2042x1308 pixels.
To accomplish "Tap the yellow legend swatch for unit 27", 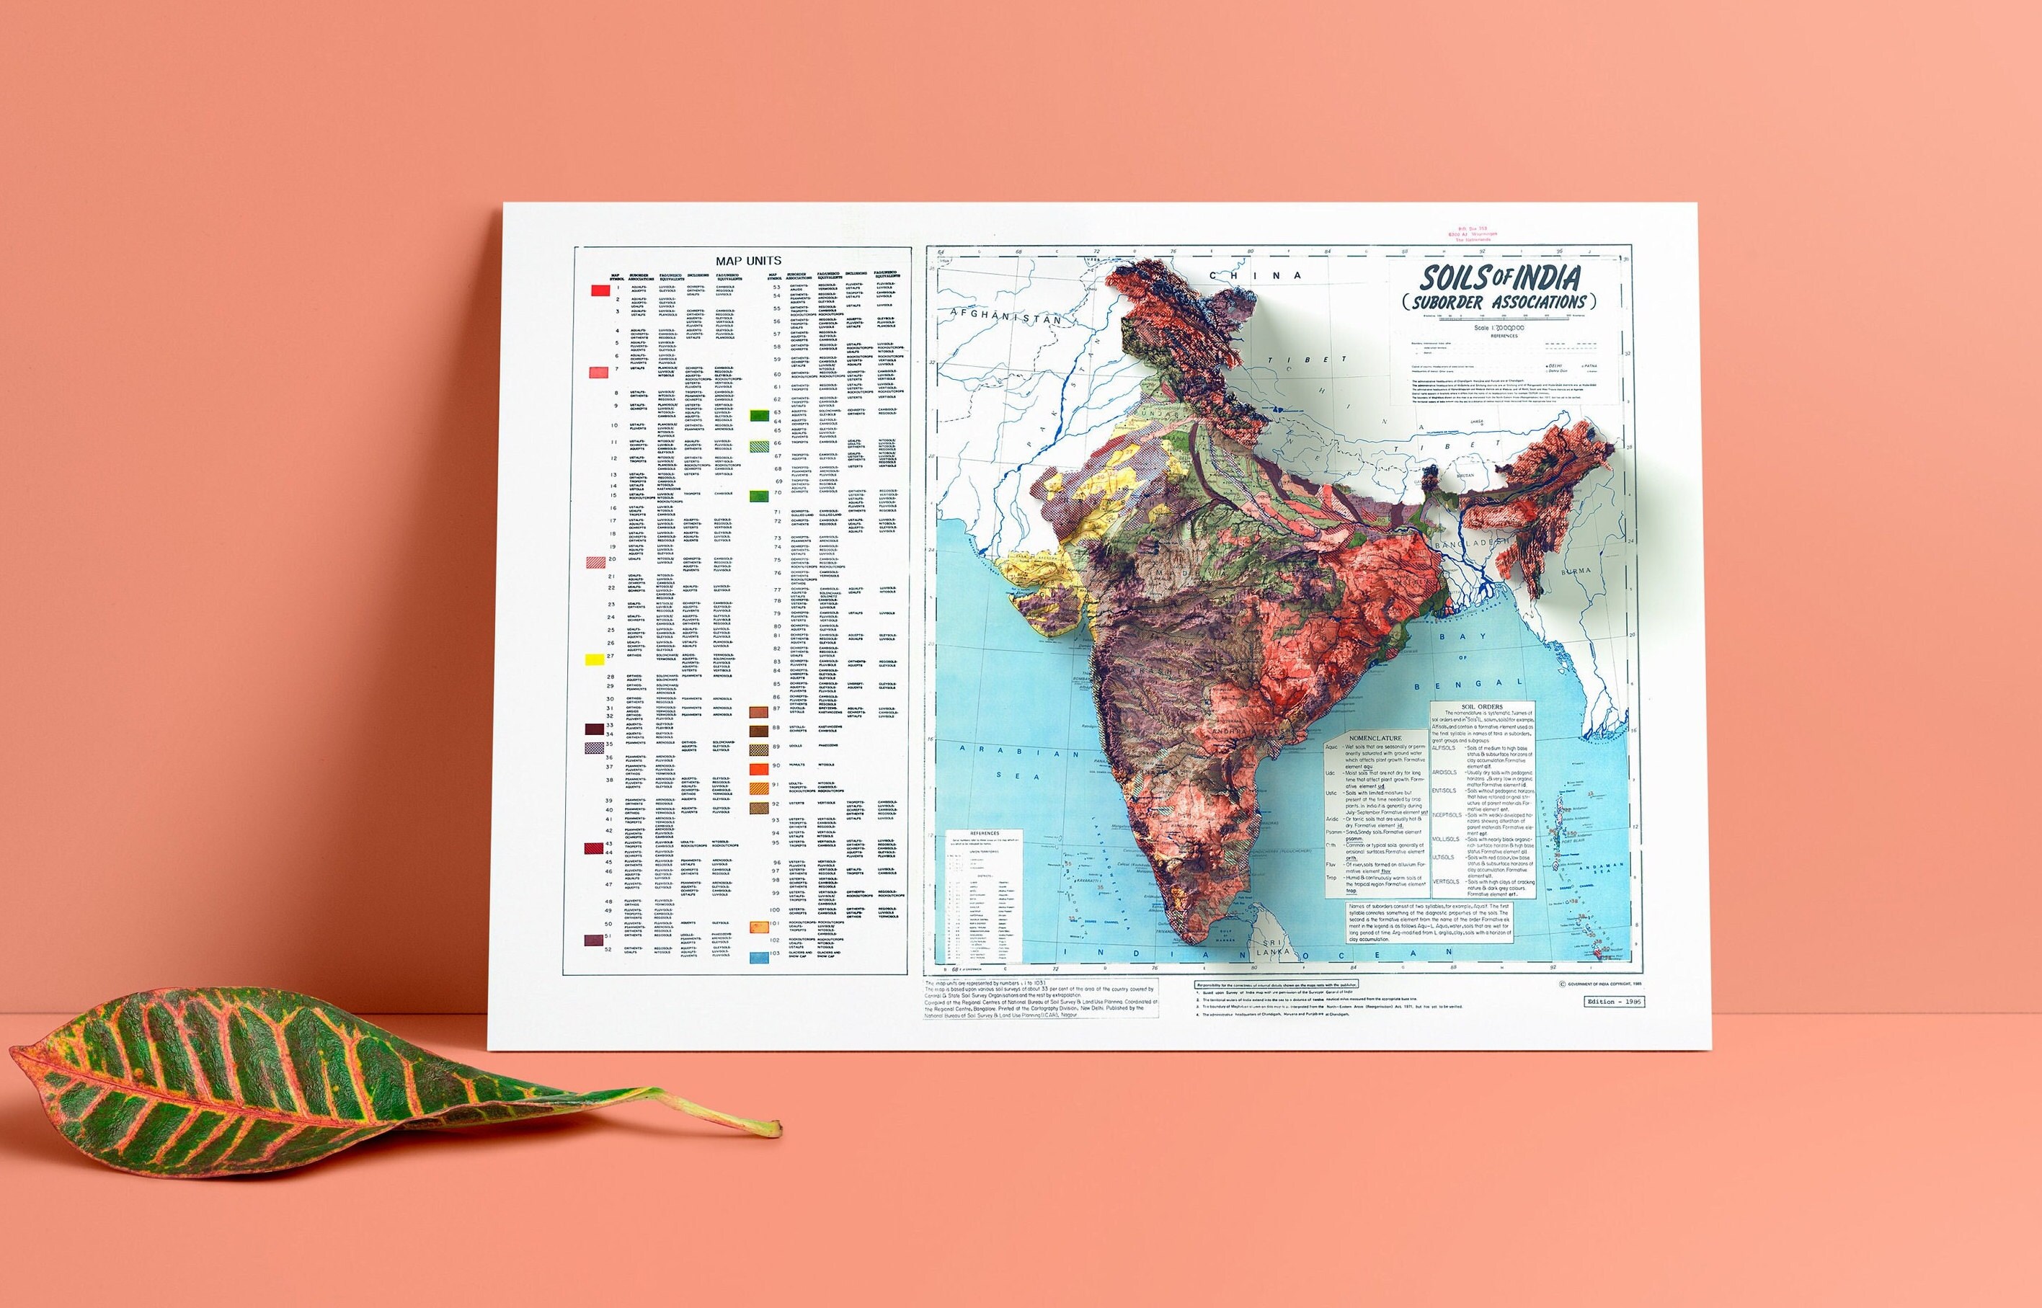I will pos(595,658).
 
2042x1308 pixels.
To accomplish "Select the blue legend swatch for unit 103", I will pos(758,956).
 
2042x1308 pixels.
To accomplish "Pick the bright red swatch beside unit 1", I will pos(600,290).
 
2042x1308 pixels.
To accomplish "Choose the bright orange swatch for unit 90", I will pos(758,768).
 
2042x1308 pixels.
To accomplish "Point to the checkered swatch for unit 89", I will pos(758,748).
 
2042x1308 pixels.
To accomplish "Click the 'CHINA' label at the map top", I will pos(1256,275).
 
